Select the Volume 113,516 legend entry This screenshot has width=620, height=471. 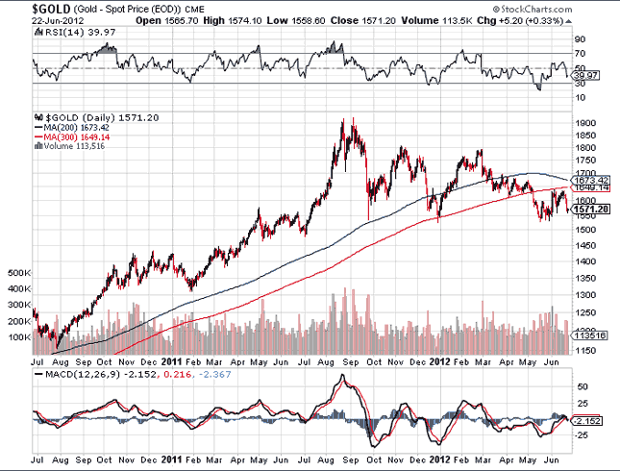click(x=75, y=146)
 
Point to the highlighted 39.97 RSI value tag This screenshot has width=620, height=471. click(x=583, y=74)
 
